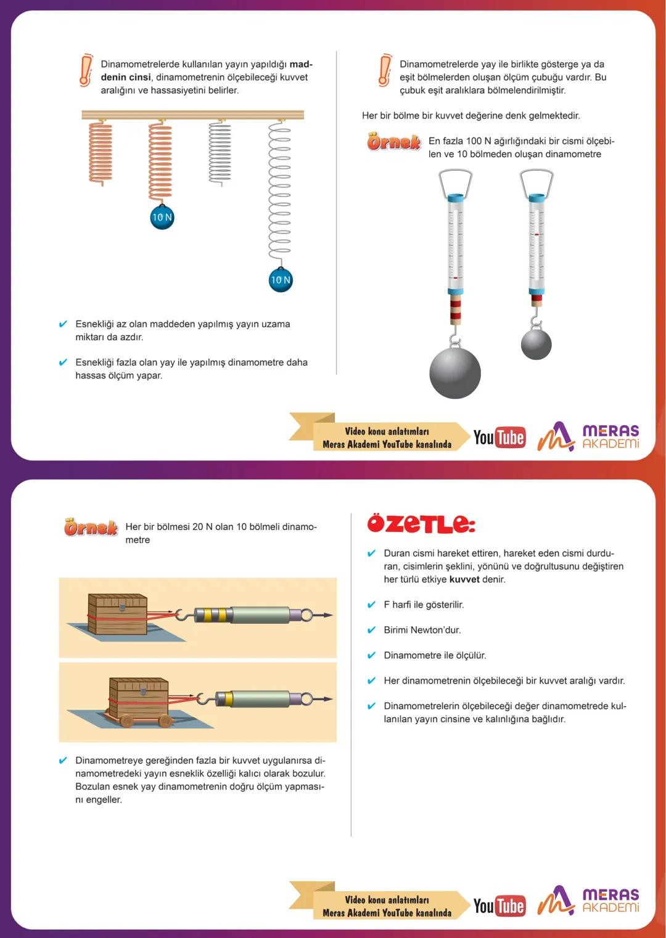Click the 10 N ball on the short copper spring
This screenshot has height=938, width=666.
(162, 217)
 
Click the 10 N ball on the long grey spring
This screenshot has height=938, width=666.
(281, 279)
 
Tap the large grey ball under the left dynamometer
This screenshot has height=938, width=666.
(454, 372)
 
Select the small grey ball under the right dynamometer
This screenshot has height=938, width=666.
(536, 345)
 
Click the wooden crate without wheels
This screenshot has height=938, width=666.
(117, 614)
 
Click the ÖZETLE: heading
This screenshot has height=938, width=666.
(421, 523)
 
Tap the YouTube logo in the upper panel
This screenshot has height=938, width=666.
(499, 437)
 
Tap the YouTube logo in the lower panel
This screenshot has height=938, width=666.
(499, 906)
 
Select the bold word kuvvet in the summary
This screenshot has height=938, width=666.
(464, 579)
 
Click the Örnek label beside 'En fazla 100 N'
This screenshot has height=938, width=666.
(393, 142)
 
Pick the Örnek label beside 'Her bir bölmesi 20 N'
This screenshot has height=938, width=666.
(91, 527)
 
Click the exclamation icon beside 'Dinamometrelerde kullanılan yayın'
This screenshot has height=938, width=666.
(86, 70)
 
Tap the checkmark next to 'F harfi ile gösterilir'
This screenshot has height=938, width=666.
(371, 605)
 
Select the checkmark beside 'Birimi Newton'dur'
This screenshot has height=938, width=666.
(371, 630)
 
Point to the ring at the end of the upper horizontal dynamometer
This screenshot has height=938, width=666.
(306, 615)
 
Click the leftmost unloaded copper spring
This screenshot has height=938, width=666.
(100, 152)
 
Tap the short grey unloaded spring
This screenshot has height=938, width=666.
(220, 152)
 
